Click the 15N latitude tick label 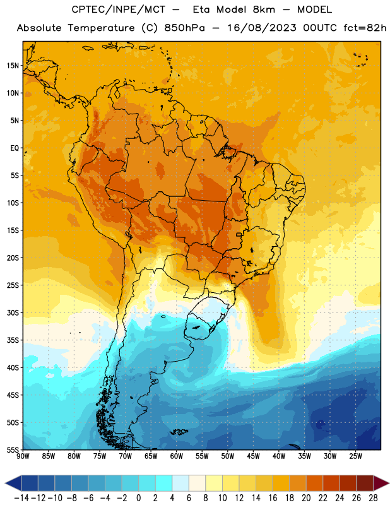click(13, 66)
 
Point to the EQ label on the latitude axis click(15, 148)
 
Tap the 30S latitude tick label click(13, 313)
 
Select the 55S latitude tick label click(13, 450)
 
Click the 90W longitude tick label click(23, 456)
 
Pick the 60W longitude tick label click(177, 456)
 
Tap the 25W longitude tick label click(356, 456)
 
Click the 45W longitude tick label click(254, 456)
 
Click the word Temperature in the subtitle click(101, 28)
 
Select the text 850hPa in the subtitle click(184, 28)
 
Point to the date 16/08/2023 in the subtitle click(262, 28)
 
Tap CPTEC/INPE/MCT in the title click(119, 9)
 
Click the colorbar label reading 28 click(373, 498)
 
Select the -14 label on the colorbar click(21, 498)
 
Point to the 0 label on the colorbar click(138, 498)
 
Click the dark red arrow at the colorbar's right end click(381, 483)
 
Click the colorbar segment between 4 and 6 click(180, 483)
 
